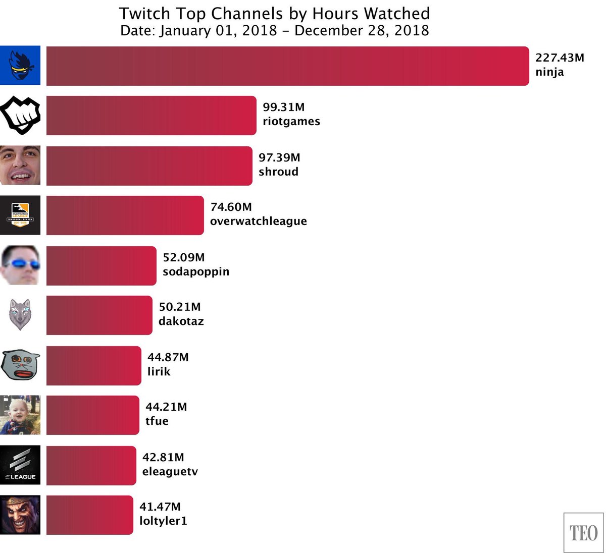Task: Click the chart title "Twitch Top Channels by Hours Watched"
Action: click(x=274, y=13)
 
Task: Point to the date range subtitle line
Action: click(x=274, y=30)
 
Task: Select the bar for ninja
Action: click(x=287, y=66)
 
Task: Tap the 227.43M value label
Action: click(x=560, y=58)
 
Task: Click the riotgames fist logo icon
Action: click(x=20, y=116)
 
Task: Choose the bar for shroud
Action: click(x=149, y=166)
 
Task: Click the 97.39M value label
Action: click(x=279, y=158)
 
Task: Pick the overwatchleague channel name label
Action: click(x=258, y=221)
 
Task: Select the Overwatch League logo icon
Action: click(x=20, y=215)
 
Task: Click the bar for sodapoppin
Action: click(x=101, y=266)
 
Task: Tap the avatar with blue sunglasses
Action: click(x=20, y=265)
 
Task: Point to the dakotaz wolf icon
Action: click(x=20, y=315)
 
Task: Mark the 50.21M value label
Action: click(x=180, y=307)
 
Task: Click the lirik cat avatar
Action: click(x=20, y=365)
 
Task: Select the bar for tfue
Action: click(x=92, y=415)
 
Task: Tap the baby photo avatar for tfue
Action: click(x=20, y=415)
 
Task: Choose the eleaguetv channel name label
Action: click(x=170, y=472)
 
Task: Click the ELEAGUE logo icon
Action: click(x=20, y=465)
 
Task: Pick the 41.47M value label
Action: click(x=160, y=507)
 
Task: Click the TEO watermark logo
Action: click(x=583, y=533)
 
